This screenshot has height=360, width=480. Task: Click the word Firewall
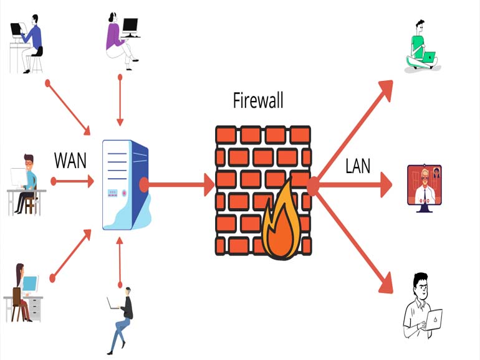[x=258, y=100]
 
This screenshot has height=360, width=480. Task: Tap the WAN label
[x=70, y=160]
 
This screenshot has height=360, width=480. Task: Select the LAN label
[x=358, y=166]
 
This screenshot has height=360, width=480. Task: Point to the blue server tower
[x=126, y=185]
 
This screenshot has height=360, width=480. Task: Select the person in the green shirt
[x=421, y=46]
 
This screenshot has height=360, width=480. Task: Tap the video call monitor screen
[x=425, y=185]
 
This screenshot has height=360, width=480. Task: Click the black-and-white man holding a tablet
[x=422, y=306]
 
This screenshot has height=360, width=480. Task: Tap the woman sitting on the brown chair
[x=21, y=293]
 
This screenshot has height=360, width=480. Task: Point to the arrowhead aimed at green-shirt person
[x=386, y=90]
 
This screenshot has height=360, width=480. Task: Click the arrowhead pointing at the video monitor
[x=386, y=185]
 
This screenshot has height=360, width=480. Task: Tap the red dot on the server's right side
[x=144, y=185]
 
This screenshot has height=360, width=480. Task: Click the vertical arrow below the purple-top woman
[x=120, y=100]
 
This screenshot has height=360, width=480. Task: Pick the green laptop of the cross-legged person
[x=429, y=57]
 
